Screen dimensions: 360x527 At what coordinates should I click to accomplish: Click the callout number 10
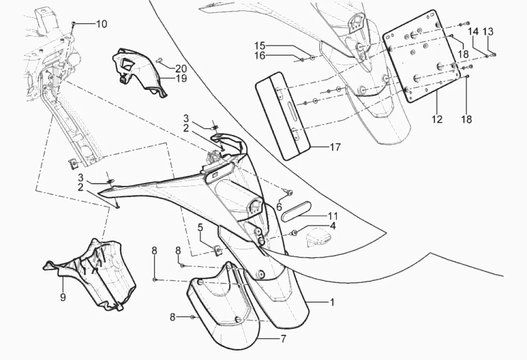(101, 24)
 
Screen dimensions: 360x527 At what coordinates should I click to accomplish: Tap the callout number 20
(181, 68)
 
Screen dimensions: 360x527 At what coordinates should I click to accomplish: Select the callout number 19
(181, 78)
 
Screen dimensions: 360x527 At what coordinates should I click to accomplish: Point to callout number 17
(335, 147)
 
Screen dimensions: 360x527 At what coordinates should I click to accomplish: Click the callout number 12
(437, 120)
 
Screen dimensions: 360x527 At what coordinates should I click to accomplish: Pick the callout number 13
(488, 31)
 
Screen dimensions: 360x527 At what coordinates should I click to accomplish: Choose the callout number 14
(473, 31)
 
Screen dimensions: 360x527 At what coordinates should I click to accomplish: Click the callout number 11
(332, 217)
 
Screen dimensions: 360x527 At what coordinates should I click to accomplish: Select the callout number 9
(63, 297)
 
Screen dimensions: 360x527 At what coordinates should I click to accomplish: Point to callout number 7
(283, 338)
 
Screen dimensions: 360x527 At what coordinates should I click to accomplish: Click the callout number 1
(332, 302)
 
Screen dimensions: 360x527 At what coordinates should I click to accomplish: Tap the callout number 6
(279, 207)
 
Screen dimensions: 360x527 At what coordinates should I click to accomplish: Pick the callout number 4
(332, 226)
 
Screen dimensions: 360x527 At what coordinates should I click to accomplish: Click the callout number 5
(200, 229)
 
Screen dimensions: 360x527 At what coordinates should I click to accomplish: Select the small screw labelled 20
(160, 60)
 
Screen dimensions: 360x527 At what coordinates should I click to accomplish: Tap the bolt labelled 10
(74, 23)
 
